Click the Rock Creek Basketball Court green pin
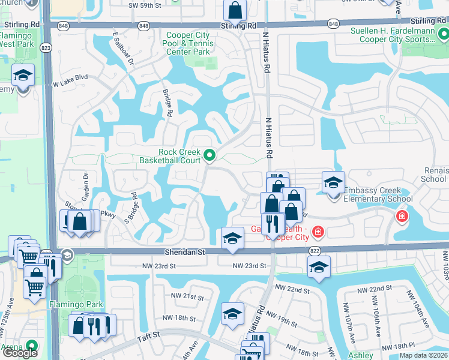pos(209,155)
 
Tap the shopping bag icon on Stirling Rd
pos(235,10)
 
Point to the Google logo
pos(20,353)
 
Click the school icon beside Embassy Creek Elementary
pos(333,182)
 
